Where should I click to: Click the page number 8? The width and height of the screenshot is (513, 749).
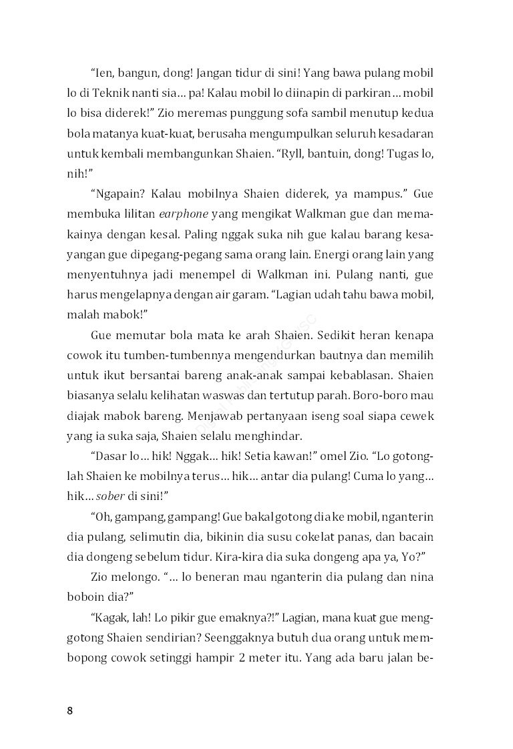click(x=70, y=710)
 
